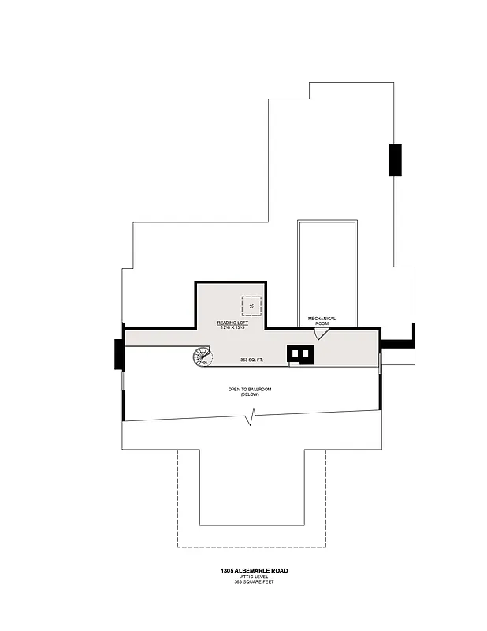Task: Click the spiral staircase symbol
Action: click(x=203, y=357)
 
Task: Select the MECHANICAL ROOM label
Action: click(x=322, y=321)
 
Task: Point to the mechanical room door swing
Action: click(x=320, y=334)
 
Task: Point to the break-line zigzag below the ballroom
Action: click(x=251, y=417)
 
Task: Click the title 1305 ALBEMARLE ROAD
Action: click(x=249, y=569)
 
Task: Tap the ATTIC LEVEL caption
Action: click(x=249, y=576)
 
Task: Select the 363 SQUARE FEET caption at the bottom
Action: click(x=249, y=581)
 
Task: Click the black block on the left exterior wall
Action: click(x=118, y=353)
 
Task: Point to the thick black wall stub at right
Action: click(x=398, y=343)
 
